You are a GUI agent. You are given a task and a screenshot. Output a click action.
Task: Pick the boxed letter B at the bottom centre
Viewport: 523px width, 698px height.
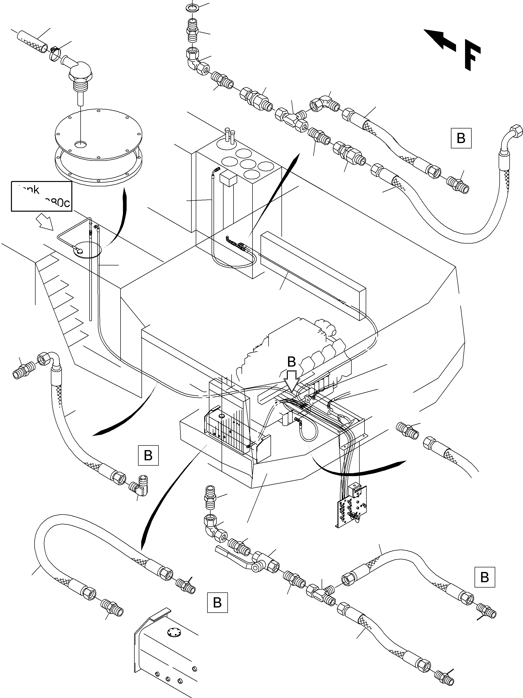217,602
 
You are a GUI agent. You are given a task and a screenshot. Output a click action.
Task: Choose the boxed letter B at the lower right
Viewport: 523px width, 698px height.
485,577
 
